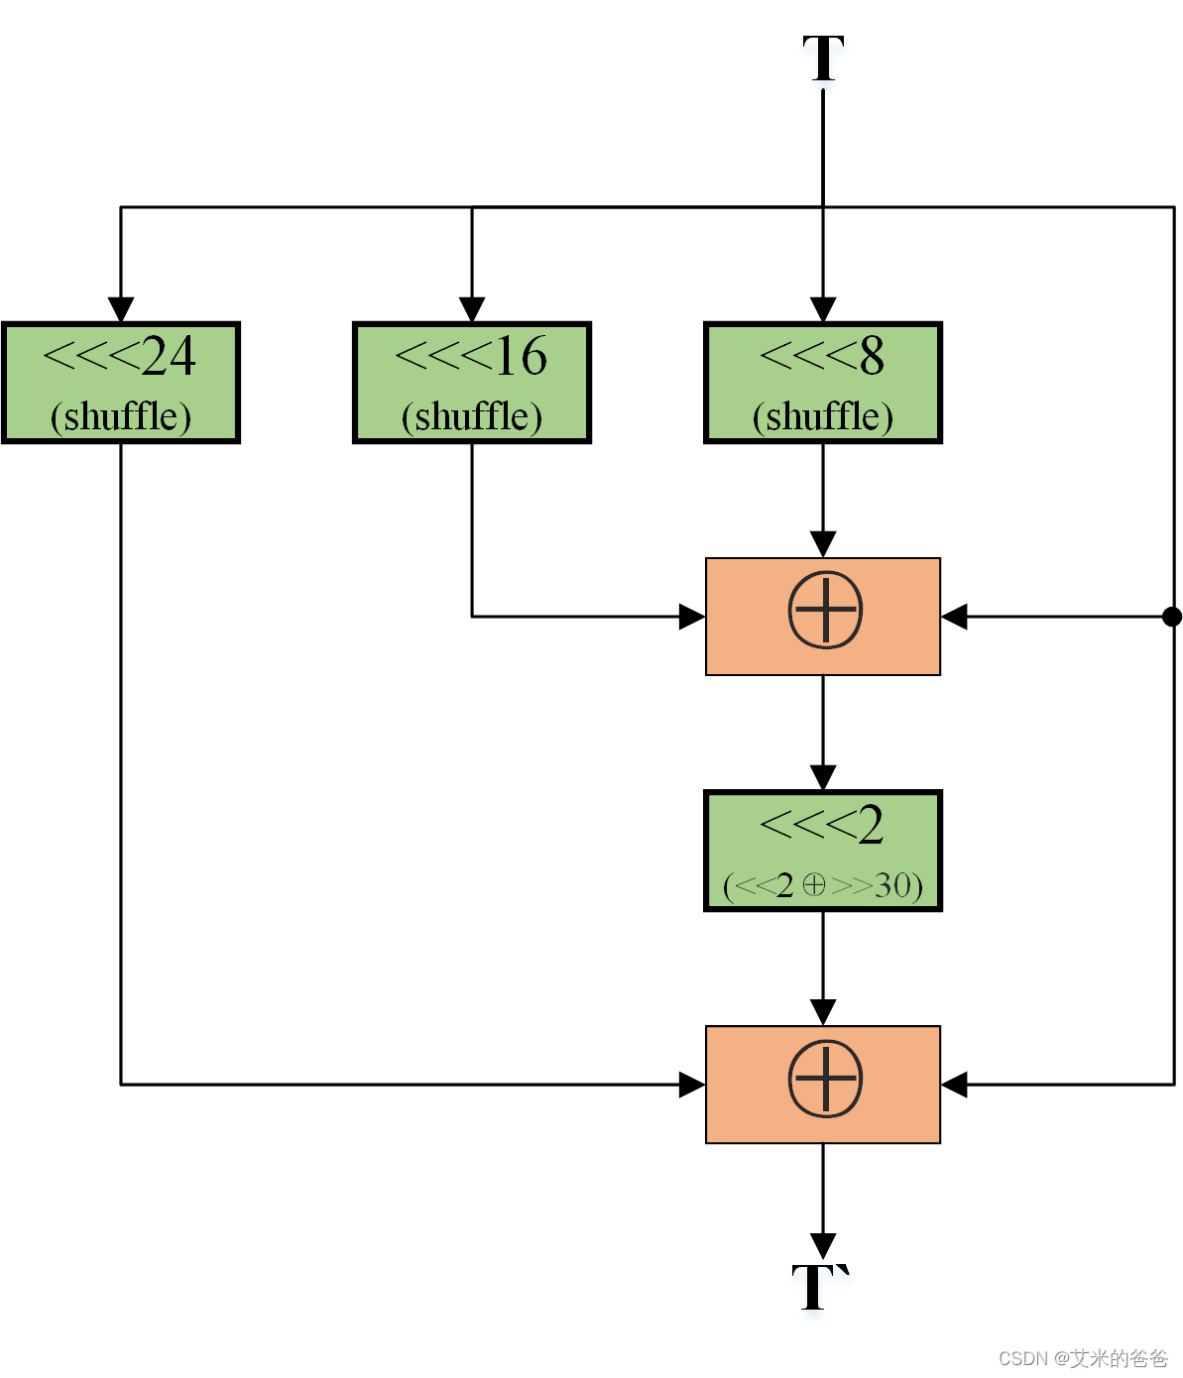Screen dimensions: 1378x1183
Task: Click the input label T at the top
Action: [x=823, y=58]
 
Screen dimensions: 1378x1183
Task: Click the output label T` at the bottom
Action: [x=820, y=1287]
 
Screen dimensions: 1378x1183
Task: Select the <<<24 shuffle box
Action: [x=121, y=383]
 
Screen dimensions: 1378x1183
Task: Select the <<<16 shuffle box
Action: [x=472, y=383]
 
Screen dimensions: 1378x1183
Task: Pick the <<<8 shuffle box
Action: [x=823, y=383]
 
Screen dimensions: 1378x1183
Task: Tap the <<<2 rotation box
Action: [x=823, y=851]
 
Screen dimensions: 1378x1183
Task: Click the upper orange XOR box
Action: [x=823, y=616]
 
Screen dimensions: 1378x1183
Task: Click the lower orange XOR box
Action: [x=823, y=1084]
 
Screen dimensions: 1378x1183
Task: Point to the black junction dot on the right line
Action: [x=1172, y=617]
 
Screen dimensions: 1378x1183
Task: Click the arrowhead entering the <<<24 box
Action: [x=121, y=309]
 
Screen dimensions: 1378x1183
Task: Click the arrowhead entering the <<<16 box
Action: [x=472, y=309]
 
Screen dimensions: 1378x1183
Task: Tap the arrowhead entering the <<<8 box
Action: [x=823, y=309]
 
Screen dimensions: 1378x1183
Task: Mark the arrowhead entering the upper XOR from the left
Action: [x=691, y=617]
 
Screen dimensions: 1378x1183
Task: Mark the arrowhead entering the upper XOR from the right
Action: [x=954, y=617]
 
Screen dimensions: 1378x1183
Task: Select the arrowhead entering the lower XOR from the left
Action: [x=691, y=1085]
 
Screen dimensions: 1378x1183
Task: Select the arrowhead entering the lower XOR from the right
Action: [x=954, y=1085]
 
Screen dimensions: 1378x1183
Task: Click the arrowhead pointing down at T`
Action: [x=823, y=1245]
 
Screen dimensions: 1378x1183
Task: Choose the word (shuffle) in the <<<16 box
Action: [x=472, y=416]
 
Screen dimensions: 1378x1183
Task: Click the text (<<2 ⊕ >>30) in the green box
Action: [x=823, y=884]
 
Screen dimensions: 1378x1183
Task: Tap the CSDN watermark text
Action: [x=1083, y=1357]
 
